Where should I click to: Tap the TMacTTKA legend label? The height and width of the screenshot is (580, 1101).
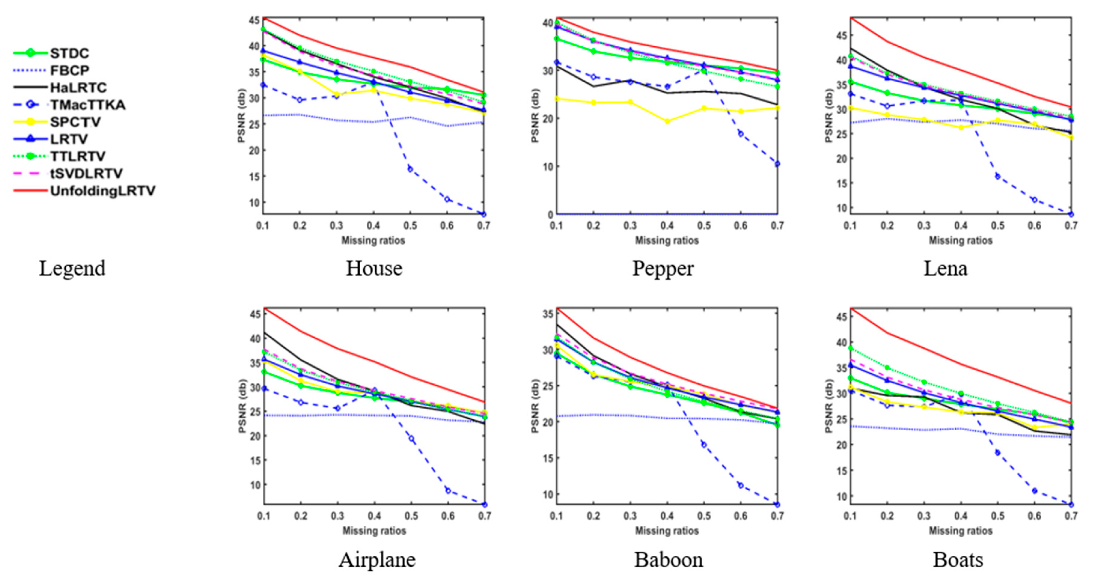tap(88, 105)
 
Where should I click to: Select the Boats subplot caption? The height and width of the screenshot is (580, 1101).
tap(958, 560)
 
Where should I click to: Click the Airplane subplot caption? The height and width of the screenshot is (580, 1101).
tap(377, 560)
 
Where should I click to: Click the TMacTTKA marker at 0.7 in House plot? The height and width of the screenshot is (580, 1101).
tap(483, 214)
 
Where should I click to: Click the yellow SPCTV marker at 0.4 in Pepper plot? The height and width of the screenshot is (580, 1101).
tap(667, 121)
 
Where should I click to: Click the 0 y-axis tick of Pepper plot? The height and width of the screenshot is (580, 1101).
tap(550, 215)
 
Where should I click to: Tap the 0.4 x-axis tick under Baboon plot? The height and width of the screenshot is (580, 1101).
tap(667, 516)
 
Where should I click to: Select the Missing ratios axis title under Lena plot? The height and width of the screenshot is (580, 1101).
tap(960, 240)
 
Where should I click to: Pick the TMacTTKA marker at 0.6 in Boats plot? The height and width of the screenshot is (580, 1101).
tap(1034, 491)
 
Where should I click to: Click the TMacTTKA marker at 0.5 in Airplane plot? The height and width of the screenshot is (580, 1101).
tap(411, 439)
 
